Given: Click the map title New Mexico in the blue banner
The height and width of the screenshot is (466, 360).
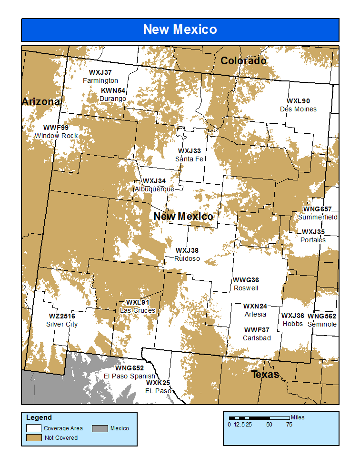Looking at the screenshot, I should tap(180, 30).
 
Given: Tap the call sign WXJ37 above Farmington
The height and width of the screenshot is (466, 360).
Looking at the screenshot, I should tap(100, 73).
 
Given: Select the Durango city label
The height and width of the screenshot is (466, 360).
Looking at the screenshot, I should tap(113, 99).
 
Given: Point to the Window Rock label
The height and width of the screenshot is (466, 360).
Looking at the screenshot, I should tap(56, 136).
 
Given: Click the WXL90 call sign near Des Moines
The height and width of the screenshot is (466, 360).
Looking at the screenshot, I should tap(298, 101).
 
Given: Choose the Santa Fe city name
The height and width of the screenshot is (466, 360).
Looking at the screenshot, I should tap(190, 159).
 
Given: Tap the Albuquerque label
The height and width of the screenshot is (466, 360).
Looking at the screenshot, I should tap(154, 189).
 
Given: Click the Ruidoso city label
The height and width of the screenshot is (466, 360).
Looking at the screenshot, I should tap(187, 258).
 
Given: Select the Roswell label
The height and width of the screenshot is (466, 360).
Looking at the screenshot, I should tap(246, 288).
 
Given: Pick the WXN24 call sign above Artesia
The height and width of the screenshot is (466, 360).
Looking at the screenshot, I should tap(255, 306).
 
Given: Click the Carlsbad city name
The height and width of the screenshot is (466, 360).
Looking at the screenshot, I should tap(257, 338).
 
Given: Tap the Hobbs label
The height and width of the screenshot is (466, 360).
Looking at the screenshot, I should tap(293, 324).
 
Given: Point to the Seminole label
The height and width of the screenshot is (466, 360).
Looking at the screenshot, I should tap(322, 324).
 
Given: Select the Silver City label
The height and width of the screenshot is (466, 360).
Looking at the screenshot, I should tap(62, 324).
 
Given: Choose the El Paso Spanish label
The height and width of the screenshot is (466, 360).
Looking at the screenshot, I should tap(130, 376).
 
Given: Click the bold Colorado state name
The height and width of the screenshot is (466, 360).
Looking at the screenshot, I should tap(243, 61).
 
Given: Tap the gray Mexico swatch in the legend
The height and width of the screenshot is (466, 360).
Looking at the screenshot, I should tap(100, 428).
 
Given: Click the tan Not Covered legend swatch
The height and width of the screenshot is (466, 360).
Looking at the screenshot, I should tap(34, 437).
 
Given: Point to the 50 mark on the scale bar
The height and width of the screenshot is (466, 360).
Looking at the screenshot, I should tap(270, 424).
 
